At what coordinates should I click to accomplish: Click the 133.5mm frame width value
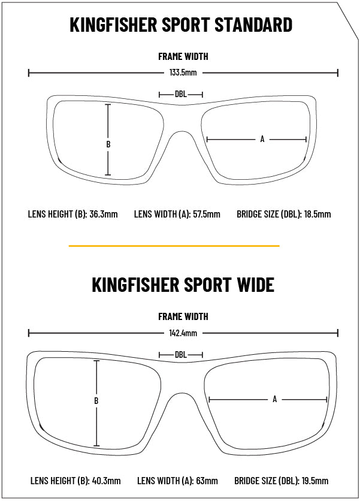[x=183, y=73]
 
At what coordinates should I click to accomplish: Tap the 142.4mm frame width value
[x=183, y=333]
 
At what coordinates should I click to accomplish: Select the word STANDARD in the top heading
[x=253, y=25]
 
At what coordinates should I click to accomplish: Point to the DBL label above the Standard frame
[x=181, y=94]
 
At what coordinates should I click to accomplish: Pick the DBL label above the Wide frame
[x=181, y=355]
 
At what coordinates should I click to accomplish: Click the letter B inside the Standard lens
[x=108, y=144]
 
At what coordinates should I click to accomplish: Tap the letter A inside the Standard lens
[x=262, y=139]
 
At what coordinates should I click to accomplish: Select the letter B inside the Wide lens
[x=96, y=400]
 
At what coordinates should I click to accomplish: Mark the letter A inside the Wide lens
[x=275, y=399]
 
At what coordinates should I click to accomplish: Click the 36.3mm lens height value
[x=104, y=214]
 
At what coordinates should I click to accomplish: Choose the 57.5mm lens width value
[x=207, y=214]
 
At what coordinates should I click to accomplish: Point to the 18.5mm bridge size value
[x=317, y=214]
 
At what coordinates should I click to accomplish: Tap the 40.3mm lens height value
[x=107, y=481]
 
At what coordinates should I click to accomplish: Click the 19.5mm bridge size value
[x=314, y=481]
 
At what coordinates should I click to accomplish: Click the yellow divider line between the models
[x=174, y=246]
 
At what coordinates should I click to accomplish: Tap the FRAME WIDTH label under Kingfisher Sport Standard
[x=183, y=56]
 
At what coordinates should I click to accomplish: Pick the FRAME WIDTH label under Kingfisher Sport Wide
[x=183, y=316]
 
